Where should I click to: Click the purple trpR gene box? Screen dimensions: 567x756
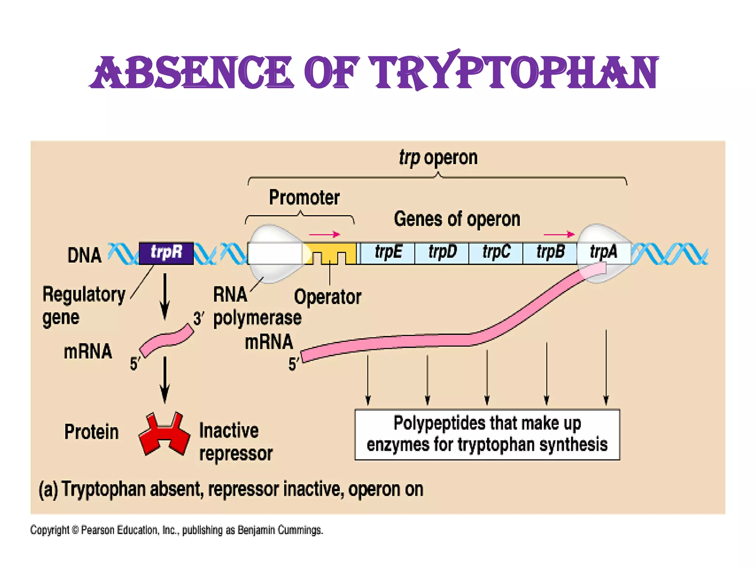[166, 253]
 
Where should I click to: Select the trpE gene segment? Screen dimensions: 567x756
[388, 253]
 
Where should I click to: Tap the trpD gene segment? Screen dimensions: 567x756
[442, 253]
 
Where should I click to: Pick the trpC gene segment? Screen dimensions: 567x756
[496, 253]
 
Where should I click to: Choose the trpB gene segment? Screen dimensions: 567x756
[550, 253]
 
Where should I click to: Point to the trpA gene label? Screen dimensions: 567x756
[603, 252]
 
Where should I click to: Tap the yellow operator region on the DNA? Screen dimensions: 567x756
[330, 253]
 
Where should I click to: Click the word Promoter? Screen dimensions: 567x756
[304, 197]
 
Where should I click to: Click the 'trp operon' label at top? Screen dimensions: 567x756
[438, 158]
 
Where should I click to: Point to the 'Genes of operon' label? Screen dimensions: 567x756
[457, 219]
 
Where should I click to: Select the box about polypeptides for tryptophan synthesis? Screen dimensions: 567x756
[487, 434]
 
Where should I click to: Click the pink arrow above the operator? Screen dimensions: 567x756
[324, 234]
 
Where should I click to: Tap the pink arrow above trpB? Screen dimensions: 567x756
[559, 234]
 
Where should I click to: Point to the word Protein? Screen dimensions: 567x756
[92, 432]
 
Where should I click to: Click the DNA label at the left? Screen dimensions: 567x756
[85, 255]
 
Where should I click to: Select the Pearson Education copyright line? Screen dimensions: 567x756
[176, 530]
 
